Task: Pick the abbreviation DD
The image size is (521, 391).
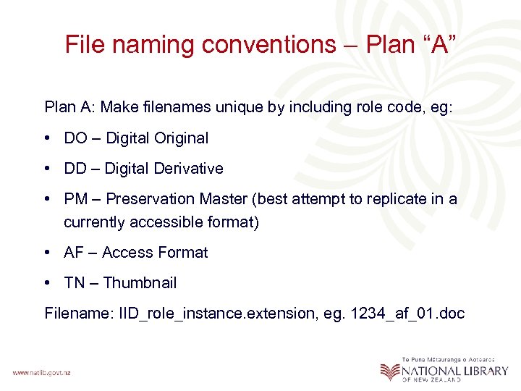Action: tap(75, 169)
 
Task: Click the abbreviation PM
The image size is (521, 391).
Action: tap(76, 199)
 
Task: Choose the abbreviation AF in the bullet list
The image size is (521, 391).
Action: tap(74, 253)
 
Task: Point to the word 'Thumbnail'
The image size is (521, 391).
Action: tap(140, 283)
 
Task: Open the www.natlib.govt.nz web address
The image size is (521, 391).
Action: tap(41, 372)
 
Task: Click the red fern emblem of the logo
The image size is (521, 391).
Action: tap(390, 371)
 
